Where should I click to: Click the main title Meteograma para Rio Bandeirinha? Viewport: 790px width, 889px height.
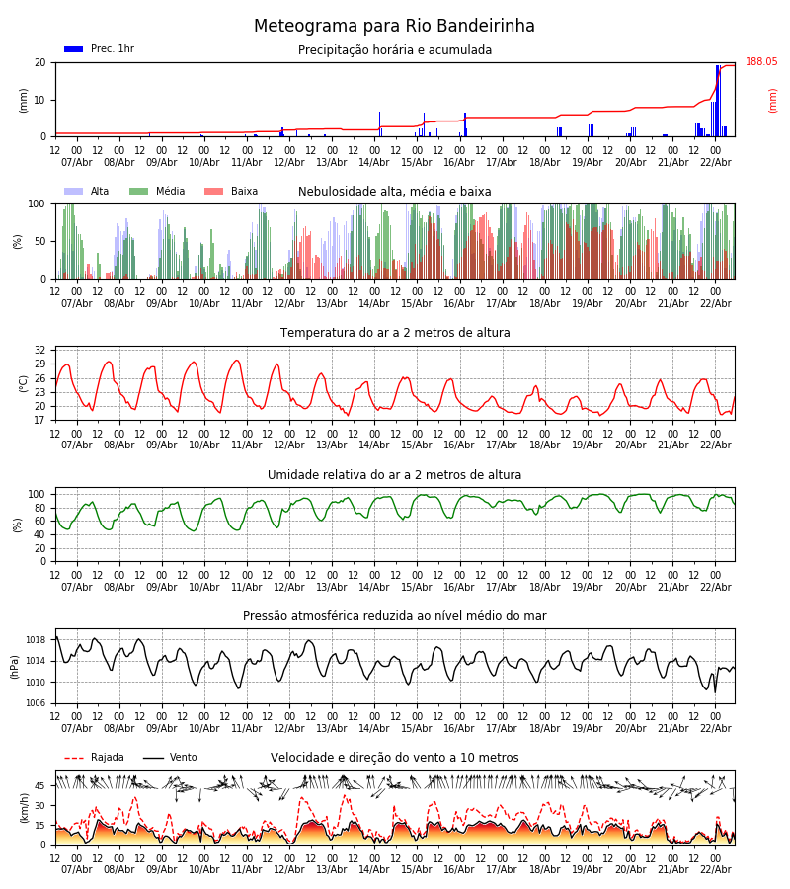pyautogui.click(x=394, y=27)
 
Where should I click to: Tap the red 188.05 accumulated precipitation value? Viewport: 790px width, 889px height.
pyautogui.click(x=761, y=62)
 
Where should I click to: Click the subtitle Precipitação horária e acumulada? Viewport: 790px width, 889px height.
pyautogui.click(x=395, y=50)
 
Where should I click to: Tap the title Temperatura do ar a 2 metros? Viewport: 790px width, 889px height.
pyautogui.click(x=395, y=333)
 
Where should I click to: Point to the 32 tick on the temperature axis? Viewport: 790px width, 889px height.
pyautogui.click(x=39, y=351)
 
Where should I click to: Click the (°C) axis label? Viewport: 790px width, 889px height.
pyautogui.click(x=24, y=383)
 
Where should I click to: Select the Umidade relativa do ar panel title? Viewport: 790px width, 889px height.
pyautogui.click(x=395, y=475)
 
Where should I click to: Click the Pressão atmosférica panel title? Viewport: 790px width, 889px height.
pyautogui.click(x=395, y=616)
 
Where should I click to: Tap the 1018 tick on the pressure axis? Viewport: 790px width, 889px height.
pyautogui.click(x=36, y=640)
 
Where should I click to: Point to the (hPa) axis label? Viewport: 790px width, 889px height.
pyautogui.click(x=15, y=666)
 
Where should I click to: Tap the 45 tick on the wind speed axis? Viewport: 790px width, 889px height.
pyautogui.click(x=40, y=786)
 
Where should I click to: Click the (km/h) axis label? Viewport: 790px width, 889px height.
pyautogui.click(x=24, y=808)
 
